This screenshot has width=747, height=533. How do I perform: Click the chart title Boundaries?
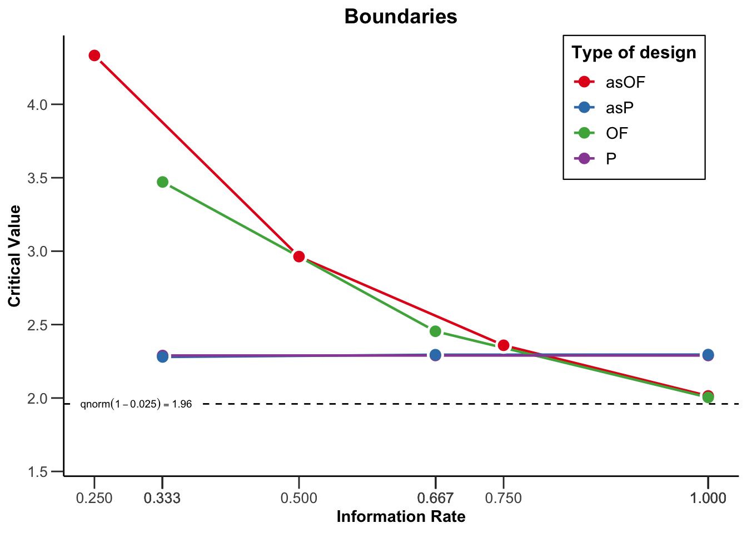coord(400,16)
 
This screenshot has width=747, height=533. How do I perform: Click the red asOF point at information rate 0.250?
coord(94,56)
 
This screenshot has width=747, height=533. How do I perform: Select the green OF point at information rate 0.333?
coord(162,182)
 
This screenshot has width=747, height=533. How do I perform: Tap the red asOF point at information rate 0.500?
coord(299,257)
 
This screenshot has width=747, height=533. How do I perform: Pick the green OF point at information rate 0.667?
coord(435,331)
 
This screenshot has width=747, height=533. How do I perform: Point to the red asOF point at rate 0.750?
coord(504,345)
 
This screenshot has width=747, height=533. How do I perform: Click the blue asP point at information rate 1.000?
coord(708,354)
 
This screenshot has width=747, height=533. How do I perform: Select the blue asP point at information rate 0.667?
coord(435,354)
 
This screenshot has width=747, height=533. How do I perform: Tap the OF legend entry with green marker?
coord(616,133)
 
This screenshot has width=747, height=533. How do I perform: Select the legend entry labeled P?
coord(610,159)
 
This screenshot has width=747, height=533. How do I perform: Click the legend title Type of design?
coord(634,53)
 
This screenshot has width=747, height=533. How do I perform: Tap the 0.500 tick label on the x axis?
coord(299,498)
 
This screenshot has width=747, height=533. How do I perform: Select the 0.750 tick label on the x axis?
coord(504,498)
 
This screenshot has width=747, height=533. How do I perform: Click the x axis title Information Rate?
coord(400,517)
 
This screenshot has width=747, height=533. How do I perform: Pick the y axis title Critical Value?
coord(14,255)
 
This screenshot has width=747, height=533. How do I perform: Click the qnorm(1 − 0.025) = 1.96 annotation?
coord(136,404)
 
